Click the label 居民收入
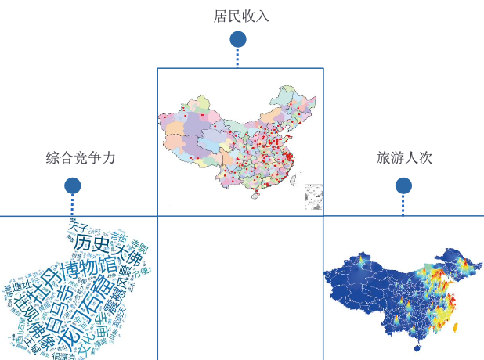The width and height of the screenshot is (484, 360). coord(241,16)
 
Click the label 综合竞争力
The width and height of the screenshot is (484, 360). coord(81,158)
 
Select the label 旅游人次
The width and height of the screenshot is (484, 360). coord(404,158)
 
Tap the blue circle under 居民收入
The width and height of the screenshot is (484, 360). coord(238,39)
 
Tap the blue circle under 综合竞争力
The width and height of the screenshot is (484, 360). coord(73,185)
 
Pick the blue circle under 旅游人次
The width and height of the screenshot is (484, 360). coord(403,185)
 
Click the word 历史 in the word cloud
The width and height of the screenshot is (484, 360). coord(92,243)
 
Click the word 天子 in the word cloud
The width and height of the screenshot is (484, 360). coord(78,227)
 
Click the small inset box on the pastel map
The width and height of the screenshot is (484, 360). coord(313,196)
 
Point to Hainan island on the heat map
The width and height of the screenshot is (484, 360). coord(416,347)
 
